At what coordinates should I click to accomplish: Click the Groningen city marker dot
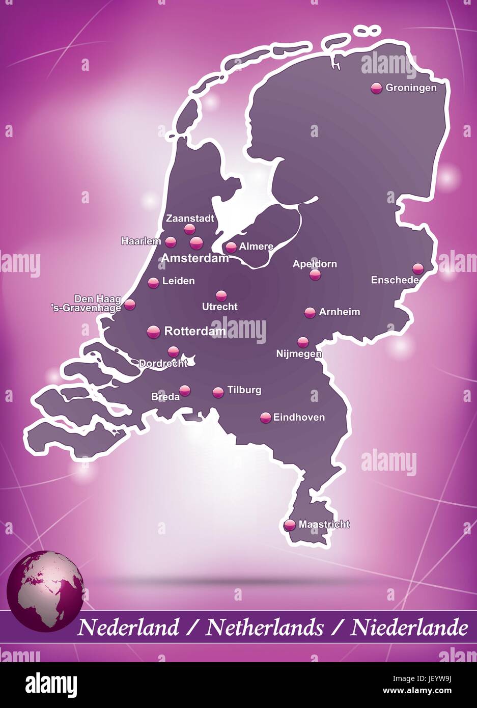pyautogui.click(x=376, y=88)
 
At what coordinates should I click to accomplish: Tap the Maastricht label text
pyautogui.click(x=324, y=524)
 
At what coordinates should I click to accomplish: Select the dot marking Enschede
pyautogui.click(x=418, y=268)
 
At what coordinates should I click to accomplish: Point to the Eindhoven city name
pyautogui.click(x=299, y=417)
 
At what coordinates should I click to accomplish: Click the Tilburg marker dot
pyautogui.click(x=218, y=392)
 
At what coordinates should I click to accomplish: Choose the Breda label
pyautogui.click(x=165, y=396)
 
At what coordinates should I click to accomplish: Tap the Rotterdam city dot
pyautogui.click(x=153, y=332)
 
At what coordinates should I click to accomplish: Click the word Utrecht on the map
pyautogui.click(x=220, y=307)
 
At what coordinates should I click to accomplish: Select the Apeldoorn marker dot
pyautogui.click(x=315, y=275)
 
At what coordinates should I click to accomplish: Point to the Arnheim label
pyautogui.click(x=339, y=312)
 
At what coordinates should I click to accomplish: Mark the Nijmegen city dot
pyautogui.click(x=303, y=342)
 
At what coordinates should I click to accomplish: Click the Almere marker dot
pyautogui.click(x=231, y=247)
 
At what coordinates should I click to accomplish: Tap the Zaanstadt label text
pyautogui.click(x=190, y=219)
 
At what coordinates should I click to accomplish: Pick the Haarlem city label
pyautogui.click(x=141, y=241)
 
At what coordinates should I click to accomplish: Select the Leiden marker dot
pyautogui.click(x=153, y=282)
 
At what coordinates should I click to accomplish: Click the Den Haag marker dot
pyautogui.click(x=130, y=305)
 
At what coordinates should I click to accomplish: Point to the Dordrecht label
pyautogui.click(x=163, y=363)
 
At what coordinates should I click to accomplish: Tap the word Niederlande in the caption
pyautogui.click(x=409, y=627)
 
